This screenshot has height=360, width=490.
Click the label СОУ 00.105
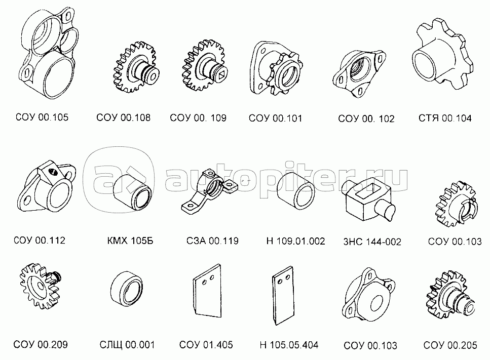tap(42, 117)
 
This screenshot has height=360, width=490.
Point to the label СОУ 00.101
tap(275, 118)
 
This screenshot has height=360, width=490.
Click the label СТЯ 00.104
tap(445, 118)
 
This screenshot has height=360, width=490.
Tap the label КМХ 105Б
tap(130, 241)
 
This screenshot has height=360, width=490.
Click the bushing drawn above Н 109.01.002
tap(295, 190)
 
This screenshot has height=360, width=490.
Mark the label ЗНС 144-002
tap(372, 242)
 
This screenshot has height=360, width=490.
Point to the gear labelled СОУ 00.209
tap(40, 286)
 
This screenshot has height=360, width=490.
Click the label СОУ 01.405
tap(206, 345)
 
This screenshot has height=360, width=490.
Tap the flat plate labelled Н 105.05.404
tap(283, 295)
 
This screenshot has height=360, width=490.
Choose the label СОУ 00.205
tap(450, 345)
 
